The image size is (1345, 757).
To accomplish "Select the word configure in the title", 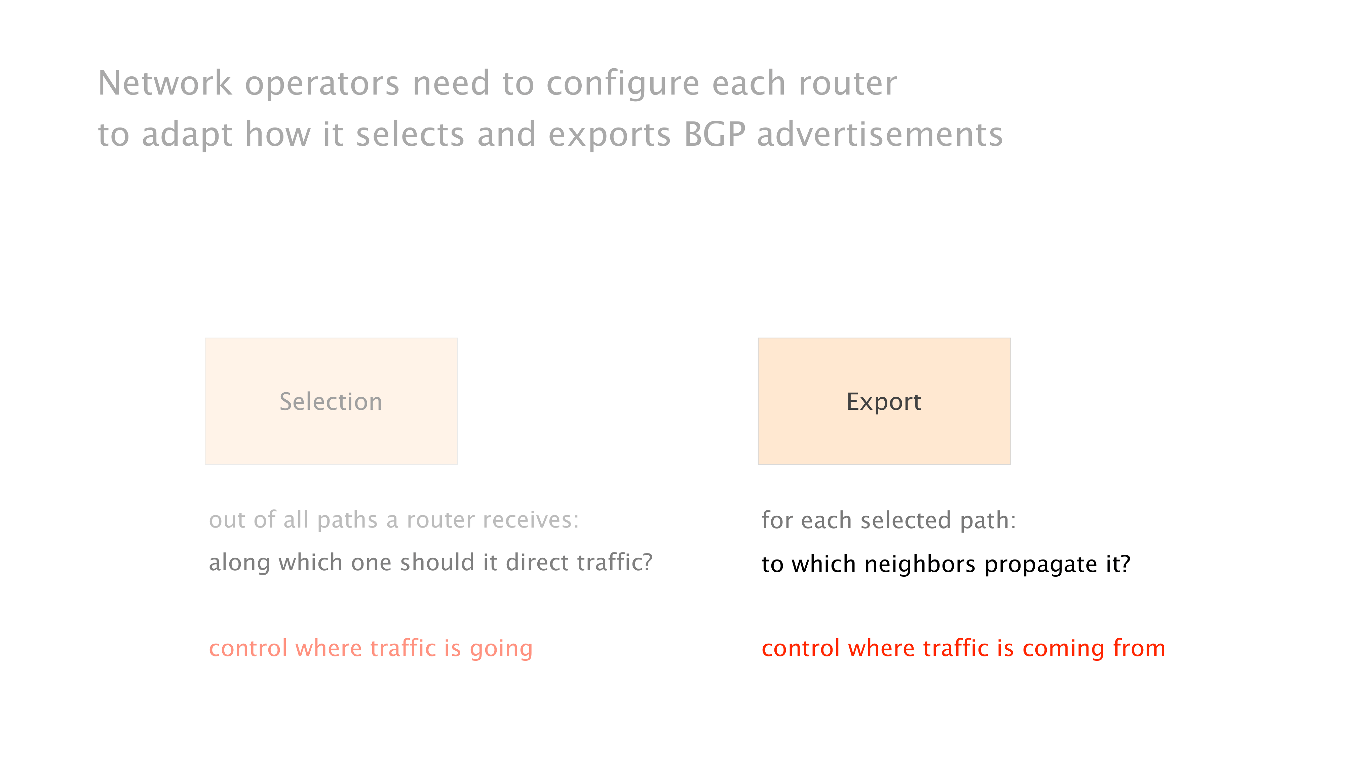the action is [x=623, y=85].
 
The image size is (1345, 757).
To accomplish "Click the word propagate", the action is [x=1041, y=566].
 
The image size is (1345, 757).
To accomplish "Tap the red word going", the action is [x=501, y=649].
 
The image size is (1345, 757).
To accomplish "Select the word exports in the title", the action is [x=609, y=136].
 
